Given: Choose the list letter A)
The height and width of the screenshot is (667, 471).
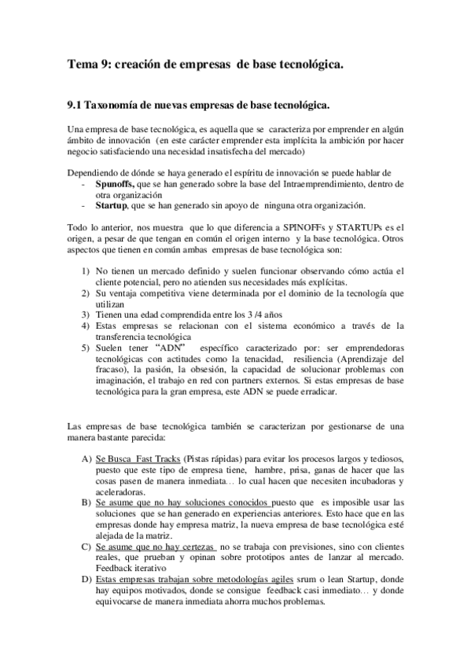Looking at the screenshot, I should click(x=86, y=459).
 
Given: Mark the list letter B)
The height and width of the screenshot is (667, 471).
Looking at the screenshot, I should click(x=86, y=502).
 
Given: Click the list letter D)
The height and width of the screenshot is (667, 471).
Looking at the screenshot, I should click(x=86, y=579).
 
